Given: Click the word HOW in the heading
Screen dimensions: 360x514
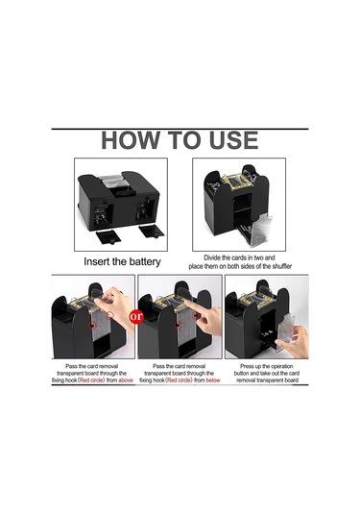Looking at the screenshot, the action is click(130, 140).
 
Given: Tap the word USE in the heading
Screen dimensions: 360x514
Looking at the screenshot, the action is click(233, 140).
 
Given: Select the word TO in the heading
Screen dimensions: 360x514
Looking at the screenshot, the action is click(183, 140).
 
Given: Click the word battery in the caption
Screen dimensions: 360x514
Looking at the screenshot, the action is click(144, 262).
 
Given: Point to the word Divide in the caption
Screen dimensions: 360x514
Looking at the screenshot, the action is click(211, 257).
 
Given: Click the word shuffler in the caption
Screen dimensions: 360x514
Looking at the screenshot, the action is click(281, 266).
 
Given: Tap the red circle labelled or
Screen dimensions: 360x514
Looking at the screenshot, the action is click(136, 316).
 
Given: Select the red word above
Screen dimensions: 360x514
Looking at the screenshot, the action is click(126, 380).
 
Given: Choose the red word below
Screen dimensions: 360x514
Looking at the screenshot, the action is click(213, 380).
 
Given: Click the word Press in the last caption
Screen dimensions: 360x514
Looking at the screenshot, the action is click(247, 366).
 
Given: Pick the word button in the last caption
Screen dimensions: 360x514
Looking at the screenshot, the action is click(242, 374).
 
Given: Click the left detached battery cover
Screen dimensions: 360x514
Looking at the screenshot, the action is click(108, 236).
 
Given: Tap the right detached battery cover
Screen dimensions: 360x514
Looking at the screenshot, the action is click(151, 232).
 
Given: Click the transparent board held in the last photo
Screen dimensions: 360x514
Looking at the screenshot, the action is click(285, 332).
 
